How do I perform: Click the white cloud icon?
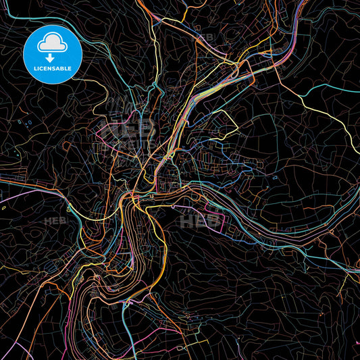pyautogui.click(x=53, y=43)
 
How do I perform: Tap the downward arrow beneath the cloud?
pyautogui.click(x=53, y=59)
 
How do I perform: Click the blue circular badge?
pyautogui.click(x=53, y=54)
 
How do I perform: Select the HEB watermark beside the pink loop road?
pyautogui.click(x=194, y=220)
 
